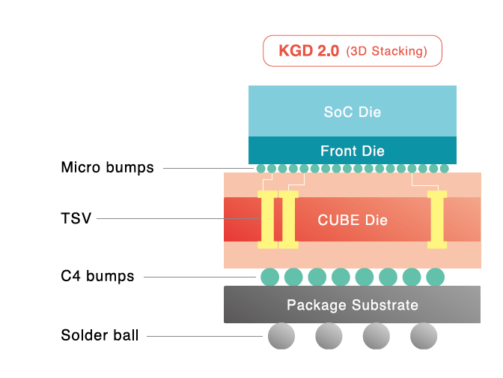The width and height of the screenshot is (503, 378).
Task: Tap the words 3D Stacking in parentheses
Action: point(387,52)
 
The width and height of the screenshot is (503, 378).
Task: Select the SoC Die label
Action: point(352,112)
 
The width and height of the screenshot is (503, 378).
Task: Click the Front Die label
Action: point(352,151)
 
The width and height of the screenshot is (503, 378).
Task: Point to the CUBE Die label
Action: point(352,220)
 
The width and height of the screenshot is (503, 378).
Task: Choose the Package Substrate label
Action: point(352,305)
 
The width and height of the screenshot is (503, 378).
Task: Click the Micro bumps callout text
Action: point(107,168)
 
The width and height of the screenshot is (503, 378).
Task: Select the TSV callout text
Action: point(76,218)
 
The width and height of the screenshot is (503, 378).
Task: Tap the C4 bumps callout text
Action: point(97,276)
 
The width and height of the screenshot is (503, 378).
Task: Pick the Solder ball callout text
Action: point(100,335)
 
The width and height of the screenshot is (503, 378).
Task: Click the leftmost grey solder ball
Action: point(281,336)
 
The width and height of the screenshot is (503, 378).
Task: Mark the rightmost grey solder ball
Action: point(423,336)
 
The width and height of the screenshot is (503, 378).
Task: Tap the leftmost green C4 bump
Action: point(269,277)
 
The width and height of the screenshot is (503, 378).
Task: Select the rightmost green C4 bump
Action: point(435,277)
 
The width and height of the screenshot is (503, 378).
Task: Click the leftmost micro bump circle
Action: point(260,169)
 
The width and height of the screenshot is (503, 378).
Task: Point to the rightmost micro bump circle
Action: point(444,169)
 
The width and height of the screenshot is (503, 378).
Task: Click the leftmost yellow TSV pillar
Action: point(267,220)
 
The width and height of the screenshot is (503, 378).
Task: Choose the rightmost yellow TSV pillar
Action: point(436,220)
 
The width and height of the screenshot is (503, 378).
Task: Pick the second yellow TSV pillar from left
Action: point(288,220)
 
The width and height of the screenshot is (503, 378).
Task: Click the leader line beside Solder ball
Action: point(202,336)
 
